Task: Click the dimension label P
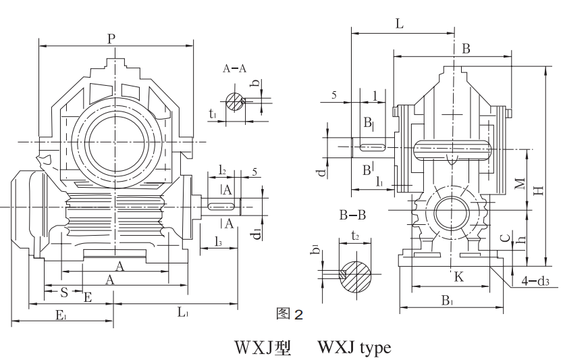tap(111, 38)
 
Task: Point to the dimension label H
tap(537, 191)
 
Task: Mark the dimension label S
tap(63, 292)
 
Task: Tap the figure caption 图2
tap(292, 314)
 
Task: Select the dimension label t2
tap(356, 237)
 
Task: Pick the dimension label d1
tap(257, 233)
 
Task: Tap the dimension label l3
tap(219, 241)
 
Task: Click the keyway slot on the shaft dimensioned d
tap(371, 147)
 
